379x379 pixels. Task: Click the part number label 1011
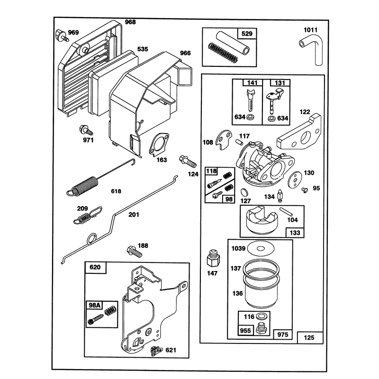point(311,30)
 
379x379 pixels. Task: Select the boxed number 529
point(247,34)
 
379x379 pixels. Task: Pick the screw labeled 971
point(86,130)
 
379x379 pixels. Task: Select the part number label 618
point(116,191)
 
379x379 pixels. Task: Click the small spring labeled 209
point(88,215)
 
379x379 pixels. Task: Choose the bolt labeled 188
point(134,252)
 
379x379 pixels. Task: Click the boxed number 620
point(95,267)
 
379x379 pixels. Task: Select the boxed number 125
point(310,337)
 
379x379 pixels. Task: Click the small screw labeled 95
point(305,190)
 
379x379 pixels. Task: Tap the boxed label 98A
point(94,305)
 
